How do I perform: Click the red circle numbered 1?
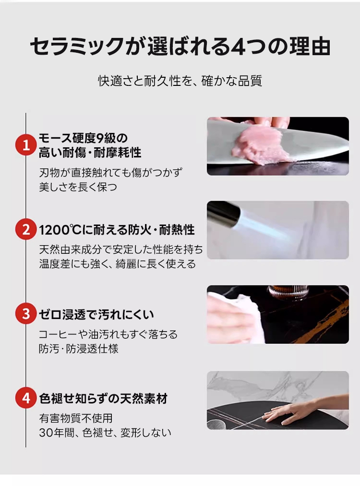tap(26, 145)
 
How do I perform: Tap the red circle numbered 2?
tap(26, 230)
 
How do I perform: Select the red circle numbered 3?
tap(26, 314)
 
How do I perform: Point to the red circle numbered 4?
tap(26, 398)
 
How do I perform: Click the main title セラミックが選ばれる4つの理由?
tap(180, 47)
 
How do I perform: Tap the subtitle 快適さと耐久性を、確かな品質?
tap(180, 81)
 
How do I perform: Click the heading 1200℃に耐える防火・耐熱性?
tap(117, 230)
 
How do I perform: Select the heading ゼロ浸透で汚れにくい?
tap(96, 314)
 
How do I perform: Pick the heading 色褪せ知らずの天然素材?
tap(103, 399)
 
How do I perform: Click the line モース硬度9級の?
tap(83, 138)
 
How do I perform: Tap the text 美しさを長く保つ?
tap(78, 187)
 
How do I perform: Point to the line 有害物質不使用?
tap(76, 418)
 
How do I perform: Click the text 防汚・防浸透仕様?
tap(78, 349)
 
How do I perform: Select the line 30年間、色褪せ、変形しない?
tap(105, 432)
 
